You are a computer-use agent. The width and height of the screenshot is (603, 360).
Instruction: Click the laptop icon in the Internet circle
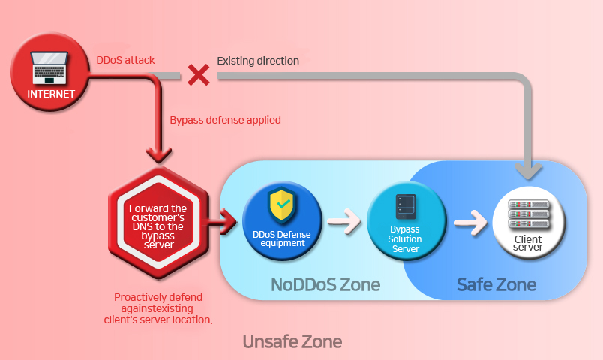click(51, 69)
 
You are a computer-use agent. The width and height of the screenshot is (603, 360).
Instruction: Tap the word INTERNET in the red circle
click(51, 94)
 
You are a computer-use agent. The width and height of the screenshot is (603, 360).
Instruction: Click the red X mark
click(198, 74)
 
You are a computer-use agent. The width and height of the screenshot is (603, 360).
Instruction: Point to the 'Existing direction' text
click(257, 60)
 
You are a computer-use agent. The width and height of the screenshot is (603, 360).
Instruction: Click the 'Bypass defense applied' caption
click(225, 119)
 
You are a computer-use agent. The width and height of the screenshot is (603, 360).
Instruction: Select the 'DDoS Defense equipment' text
click(282, 238)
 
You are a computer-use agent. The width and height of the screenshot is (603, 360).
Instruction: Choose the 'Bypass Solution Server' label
click(406, 238)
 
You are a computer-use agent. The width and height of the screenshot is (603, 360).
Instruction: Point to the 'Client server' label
click(529, 243)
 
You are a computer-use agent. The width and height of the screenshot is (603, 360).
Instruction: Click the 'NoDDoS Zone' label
click(325, 284)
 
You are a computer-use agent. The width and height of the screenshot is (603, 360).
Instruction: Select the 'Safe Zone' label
click(496, 284)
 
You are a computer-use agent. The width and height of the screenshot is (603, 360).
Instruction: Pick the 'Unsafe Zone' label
click(292, 341)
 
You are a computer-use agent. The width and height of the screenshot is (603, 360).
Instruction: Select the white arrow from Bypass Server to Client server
click(469, 222)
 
